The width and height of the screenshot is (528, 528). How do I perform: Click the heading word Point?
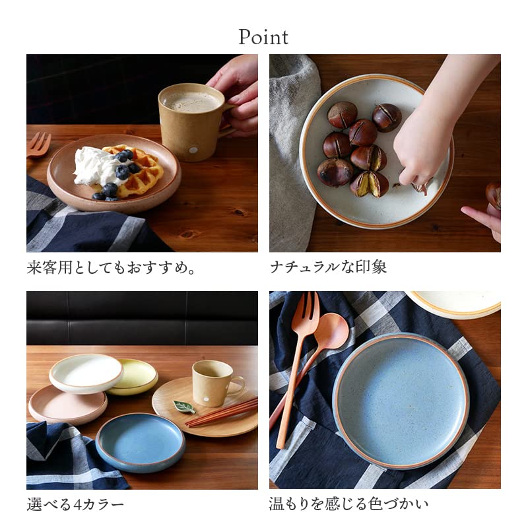pyautogui.click(x=263, y=37)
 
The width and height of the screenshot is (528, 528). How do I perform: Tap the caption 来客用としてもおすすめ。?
pyautogui.click(x=112, y=268)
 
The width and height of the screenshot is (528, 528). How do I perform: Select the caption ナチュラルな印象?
pyautogui.click(x=328, y=267)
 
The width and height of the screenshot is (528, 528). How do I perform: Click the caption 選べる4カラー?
pyautogui.click(x=75, y=506)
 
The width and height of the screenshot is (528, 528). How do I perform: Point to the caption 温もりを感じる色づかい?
pyautogui.click(x=348, y=505)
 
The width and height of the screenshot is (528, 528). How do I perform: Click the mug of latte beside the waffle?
pyautogui.click(x=190, y=121)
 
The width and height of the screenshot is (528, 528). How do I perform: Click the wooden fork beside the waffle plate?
pyautogui.click(x=38, y=145)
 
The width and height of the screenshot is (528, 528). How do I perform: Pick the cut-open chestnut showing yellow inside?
pyautogui.click(x=370, y=184)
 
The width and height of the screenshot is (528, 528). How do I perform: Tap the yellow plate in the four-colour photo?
pyautogui.click(x=135, y=376)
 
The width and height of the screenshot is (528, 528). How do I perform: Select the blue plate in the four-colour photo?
pyautogui.click(x=139, y=441)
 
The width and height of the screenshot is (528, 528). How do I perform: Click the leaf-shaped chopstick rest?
pyautogui.click(x=183, y=407)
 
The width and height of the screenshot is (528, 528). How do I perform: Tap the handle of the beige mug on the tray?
pyautogui.click(x=236, y=384)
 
